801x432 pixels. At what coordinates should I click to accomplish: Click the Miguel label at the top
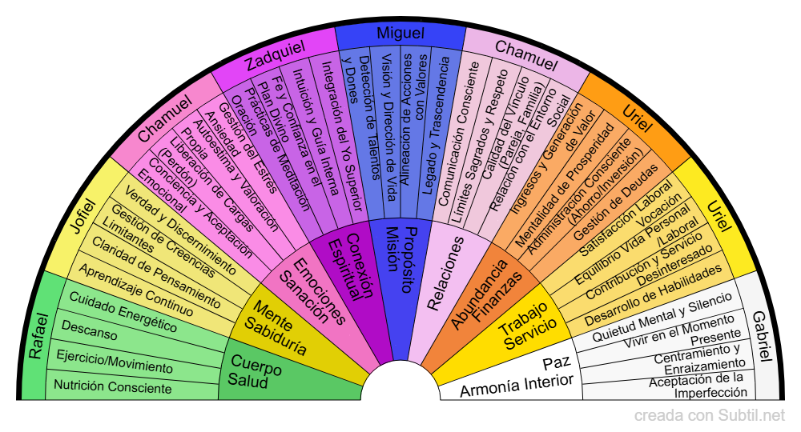pyautogui.click(x=400, y=34)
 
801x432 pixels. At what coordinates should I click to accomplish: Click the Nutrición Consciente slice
pyautogui.click(x=112, y=387)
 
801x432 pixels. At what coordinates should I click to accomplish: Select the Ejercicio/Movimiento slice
pyautogui.click(x=115, y=362)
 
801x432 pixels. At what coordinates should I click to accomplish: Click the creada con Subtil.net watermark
pyautogui.click(x=710, y=416)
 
